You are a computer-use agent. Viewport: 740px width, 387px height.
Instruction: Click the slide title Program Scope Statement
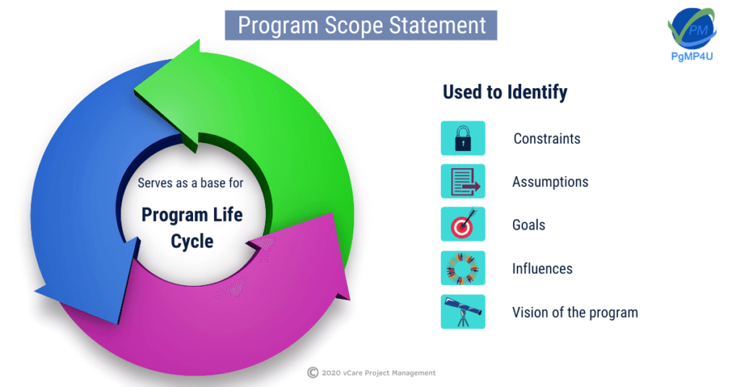[x=361, y=25]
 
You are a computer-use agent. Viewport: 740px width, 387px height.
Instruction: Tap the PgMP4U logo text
[x=692, y=56]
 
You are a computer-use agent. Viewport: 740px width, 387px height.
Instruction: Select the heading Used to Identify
[x=505, y=92]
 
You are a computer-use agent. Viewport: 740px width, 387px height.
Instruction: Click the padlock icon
[x=463, y=138]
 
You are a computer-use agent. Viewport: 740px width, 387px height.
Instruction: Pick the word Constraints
[x=547, y=139]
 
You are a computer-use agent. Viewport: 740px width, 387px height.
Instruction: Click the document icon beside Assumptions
[x=463, y=181]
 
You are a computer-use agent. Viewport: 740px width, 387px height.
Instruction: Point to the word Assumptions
[x=550, y=182]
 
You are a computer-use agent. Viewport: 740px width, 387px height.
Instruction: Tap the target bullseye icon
[x=463, y=225]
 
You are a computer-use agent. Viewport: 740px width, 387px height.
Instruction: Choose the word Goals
[x=528, y=225]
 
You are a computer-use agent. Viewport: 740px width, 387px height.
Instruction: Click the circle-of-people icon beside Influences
[x=463, y=268]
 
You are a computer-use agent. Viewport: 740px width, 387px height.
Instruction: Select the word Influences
[x=542, y=269]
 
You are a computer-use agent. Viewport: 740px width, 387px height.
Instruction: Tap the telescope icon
[x=463, y=312]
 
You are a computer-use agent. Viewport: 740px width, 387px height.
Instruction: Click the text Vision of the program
[x=575, y=312]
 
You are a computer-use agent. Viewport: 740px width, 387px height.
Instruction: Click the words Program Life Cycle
[x=192, y=227]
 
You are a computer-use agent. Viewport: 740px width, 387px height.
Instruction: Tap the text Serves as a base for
[x=191, y=183]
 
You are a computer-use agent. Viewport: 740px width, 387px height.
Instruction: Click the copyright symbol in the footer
[x=313, y=373]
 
